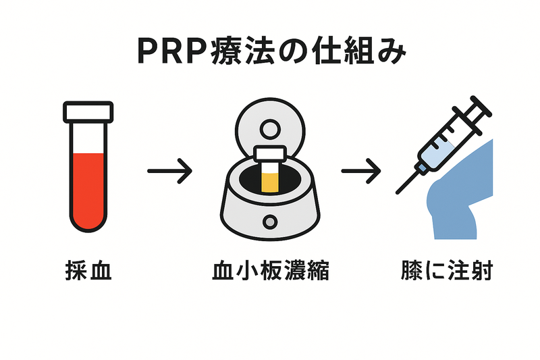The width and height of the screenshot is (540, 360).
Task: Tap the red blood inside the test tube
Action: [87, 189]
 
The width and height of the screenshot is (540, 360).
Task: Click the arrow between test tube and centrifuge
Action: [169, 170]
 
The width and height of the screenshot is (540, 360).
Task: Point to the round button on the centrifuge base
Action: [271, 221]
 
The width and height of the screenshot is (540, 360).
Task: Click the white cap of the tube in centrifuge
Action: [271, 154]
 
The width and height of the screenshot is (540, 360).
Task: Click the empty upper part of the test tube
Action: [87, 138]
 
